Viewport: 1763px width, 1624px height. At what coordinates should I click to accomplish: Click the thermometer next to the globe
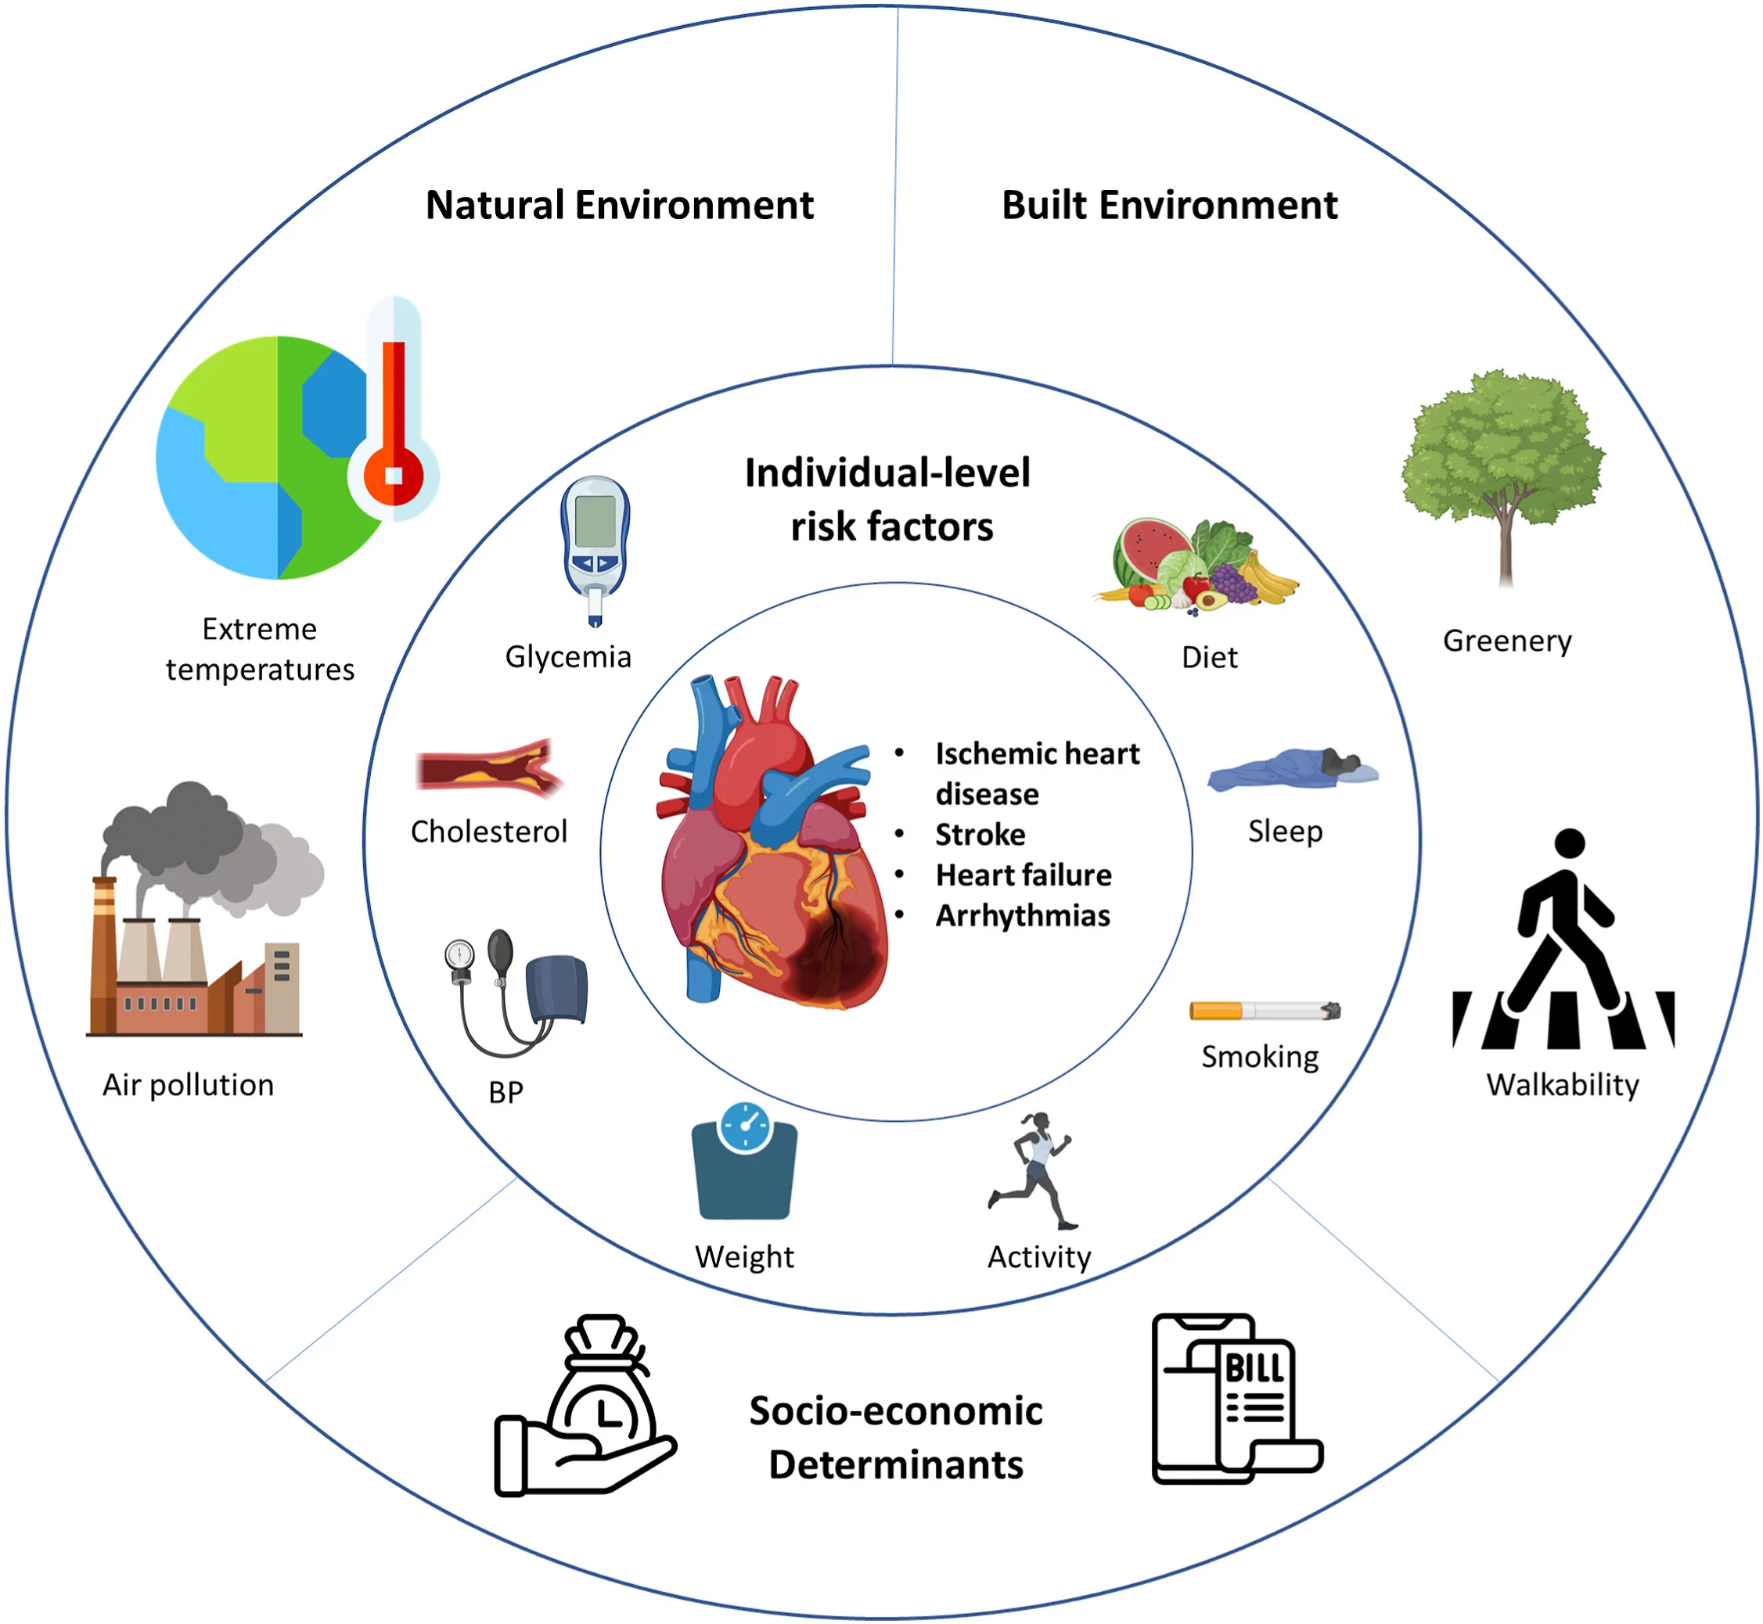point(393,413)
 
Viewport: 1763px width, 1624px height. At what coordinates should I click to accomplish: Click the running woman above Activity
point(1035,1169)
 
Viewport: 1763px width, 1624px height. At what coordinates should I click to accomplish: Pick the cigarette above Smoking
point(1263,1011)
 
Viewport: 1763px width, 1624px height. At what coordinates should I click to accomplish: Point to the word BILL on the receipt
point(1254,1369)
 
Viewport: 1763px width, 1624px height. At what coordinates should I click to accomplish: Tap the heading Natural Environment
point(619,206)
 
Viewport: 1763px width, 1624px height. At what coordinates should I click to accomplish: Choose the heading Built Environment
point(1169,206)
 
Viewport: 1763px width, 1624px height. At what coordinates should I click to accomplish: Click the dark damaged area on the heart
point(835,958)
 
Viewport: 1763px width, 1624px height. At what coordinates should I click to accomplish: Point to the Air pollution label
point(188,1085)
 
